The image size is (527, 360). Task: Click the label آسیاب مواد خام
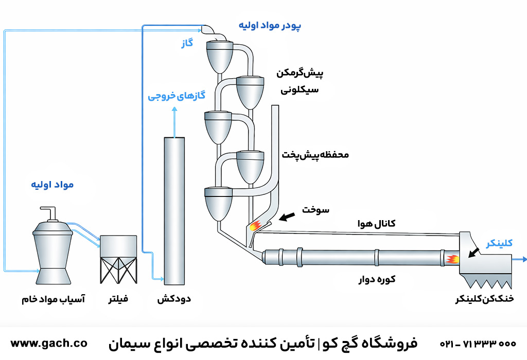point(53,299)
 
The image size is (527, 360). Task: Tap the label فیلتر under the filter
point(118,299)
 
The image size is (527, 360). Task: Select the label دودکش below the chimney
point(174,299)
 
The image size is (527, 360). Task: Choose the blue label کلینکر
point(500,243)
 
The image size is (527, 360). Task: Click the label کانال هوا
point(377,223)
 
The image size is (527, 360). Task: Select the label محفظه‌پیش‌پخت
point(315,154)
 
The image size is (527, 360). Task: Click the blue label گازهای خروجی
point(177,96)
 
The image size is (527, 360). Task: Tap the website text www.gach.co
point(49,343)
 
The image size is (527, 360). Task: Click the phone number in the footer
point(478,344)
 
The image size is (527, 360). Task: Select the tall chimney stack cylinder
point(174,211)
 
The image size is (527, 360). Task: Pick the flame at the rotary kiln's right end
point(452,258)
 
